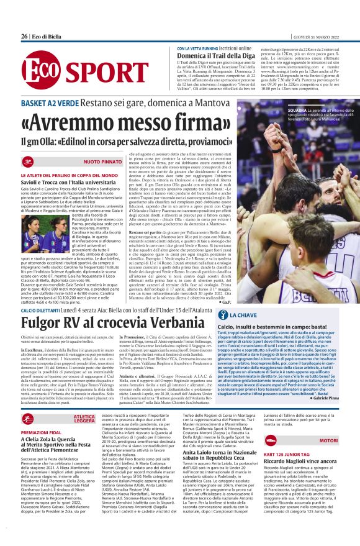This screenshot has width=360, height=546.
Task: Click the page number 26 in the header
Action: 24,36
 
